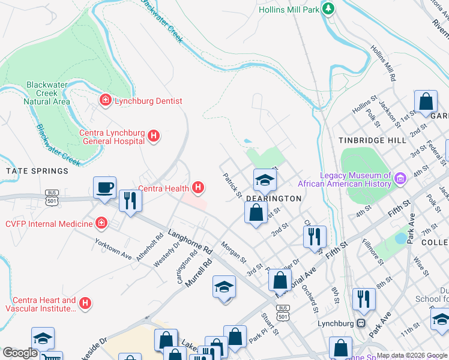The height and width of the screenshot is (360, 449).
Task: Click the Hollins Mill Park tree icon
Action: click(328, 9)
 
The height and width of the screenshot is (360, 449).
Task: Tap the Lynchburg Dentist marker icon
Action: click(106, 100)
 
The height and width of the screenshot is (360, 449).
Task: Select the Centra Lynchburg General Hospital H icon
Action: click(153, 136)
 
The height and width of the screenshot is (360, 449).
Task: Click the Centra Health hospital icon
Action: click(199, 188)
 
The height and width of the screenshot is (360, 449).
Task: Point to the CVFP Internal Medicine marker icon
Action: click(102, 224)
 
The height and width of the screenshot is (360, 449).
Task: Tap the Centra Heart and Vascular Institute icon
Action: click(85, 304)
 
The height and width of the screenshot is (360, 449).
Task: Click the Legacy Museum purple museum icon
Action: click(400, 178)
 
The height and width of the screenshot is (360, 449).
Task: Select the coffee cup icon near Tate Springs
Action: click(104, 187)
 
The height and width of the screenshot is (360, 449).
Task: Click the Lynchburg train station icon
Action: click(361, 323)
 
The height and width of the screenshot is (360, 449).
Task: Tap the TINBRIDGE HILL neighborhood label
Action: click(373, 140)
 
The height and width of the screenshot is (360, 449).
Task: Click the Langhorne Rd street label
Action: click(191, 241)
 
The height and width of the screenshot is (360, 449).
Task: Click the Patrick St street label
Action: click(232, 186)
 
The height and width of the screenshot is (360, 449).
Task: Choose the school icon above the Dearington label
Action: click(265, 179)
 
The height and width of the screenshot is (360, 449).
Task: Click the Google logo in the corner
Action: click(19, 353)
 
